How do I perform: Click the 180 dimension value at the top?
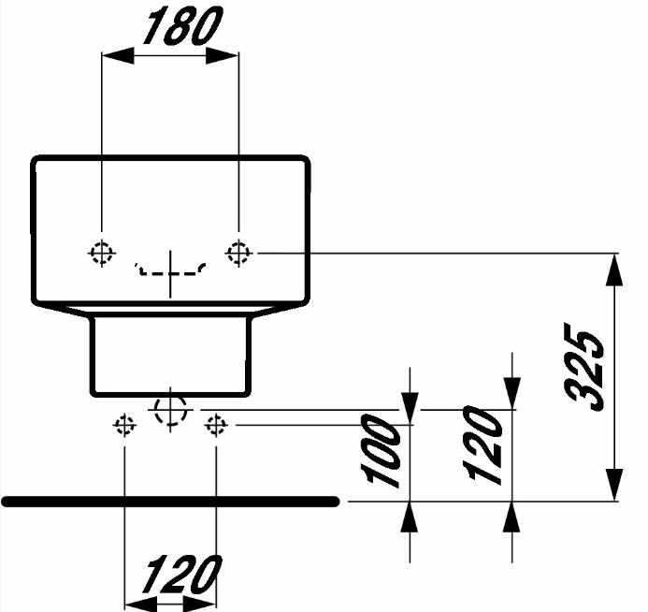tap(182, 26)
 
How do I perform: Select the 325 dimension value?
tap(583, 367)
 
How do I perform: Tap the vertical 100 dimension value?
tap(381, 450)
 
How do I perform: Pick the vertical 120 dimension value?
tap(482, 444)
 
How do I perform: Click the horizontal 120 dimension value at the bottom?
tap(181, 575)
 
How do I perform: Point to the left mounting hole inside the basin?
tap(102, 253)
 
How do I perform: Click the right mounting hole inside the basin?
tap(238, 253)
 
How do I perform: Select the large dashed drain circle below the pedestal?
tap(170, 410)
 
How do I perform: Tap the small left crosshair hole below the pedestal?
tap(124, 425)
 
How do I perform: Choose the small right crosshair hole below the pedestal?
tap(216, 425)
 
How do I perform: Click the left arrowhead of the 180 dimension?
tap(118, 55)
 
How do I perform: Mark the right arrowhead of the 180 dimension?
tap(223, 55)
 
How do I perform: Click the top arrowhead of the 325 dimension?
tap(614, 270)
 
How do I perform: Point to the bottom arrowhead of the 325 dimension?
tap(614, 485)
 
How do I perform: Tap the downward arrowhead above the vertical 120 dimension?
tap(512, 393)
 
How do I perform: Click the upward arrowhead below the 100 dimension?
tap(410, 517)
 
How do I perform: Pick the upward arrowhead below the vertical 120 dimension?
tap(512, 517)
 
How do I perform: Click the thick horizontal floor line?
tap(170, 502)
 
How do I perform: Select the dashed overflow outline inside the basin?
tap(170, 270)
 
